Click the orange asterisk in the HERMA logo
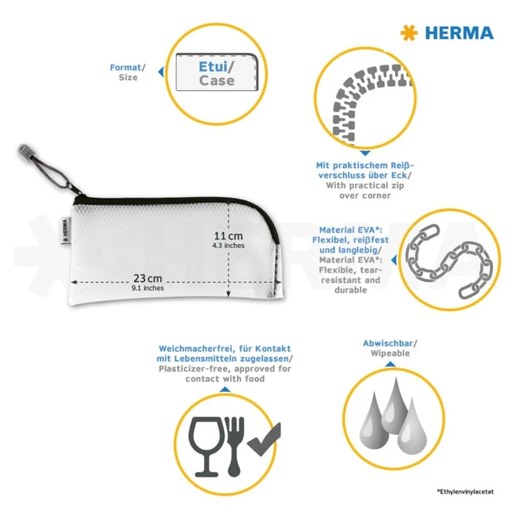coord(409,32)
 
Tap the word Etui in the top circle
coord(213,67)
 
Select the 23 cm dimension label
coord(148,278)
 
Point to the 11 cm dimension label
coord(228,236)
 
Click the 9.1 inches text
coord(148,288)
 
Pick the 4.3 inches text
coord(228,246)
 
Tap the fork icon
coord(235,447)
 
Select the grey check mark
coord(264,439)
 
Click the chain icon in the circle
coord(449,260)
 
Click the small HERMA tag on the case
coord(65,230)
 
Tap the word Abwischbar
coord(388,343)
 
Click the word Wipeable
coord(390,353)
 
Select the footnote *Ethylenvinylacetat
coord(465,491)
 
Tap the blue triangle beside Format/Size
coord(161,72)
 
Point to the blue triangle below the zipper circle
coord(365,152)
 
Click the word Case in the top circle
coord(217,80)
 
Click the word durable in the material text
coord(350,290)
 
